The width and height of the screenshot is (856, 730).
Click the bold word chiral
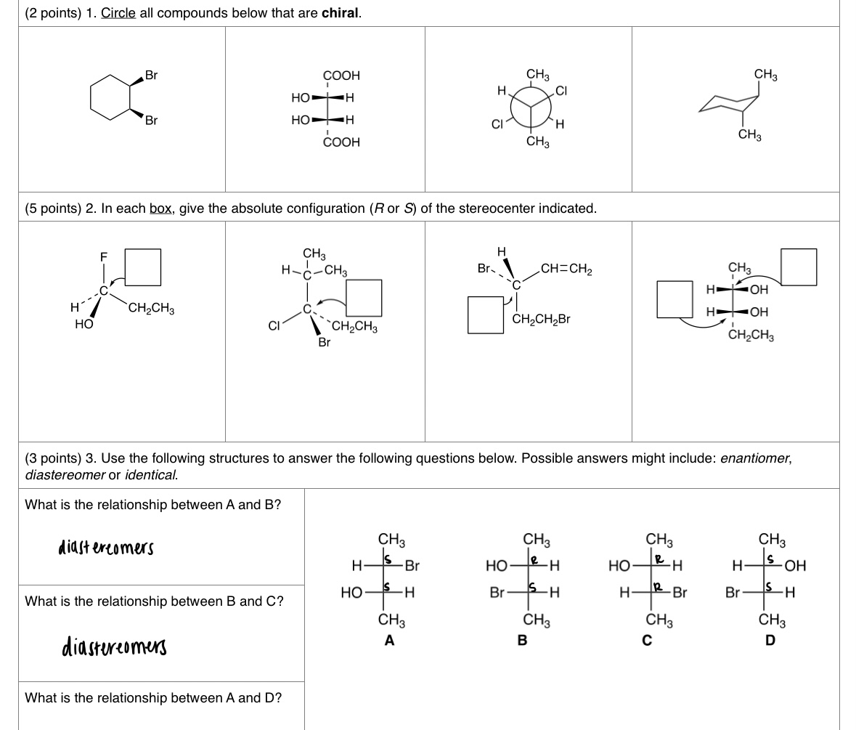[341, 14]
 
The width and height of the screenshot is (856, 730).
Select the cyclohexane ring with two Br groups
[110, 97]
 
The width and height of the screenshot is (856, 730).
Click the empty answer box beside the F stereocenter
[142, 267]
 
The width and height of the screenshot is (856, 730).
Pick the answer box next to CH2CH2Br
[486, 314]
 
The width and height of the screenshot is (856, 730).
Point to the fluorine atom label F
[103, 256]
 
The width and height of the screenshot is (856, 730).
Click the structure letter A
[390, 641]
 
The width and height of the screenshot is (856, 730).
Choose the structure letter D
[770, 641]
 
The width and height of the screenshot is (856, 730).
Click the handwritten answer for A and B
[106, 546]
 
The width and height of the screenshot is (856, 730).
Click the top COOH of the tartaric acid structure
[341, 76]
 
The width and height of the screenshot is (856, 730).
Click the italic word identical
[152, 475]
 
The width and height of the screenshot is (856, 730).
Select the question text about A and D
[153, 698]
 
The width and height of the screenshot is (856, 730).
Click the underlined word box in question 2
[160, 208]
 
